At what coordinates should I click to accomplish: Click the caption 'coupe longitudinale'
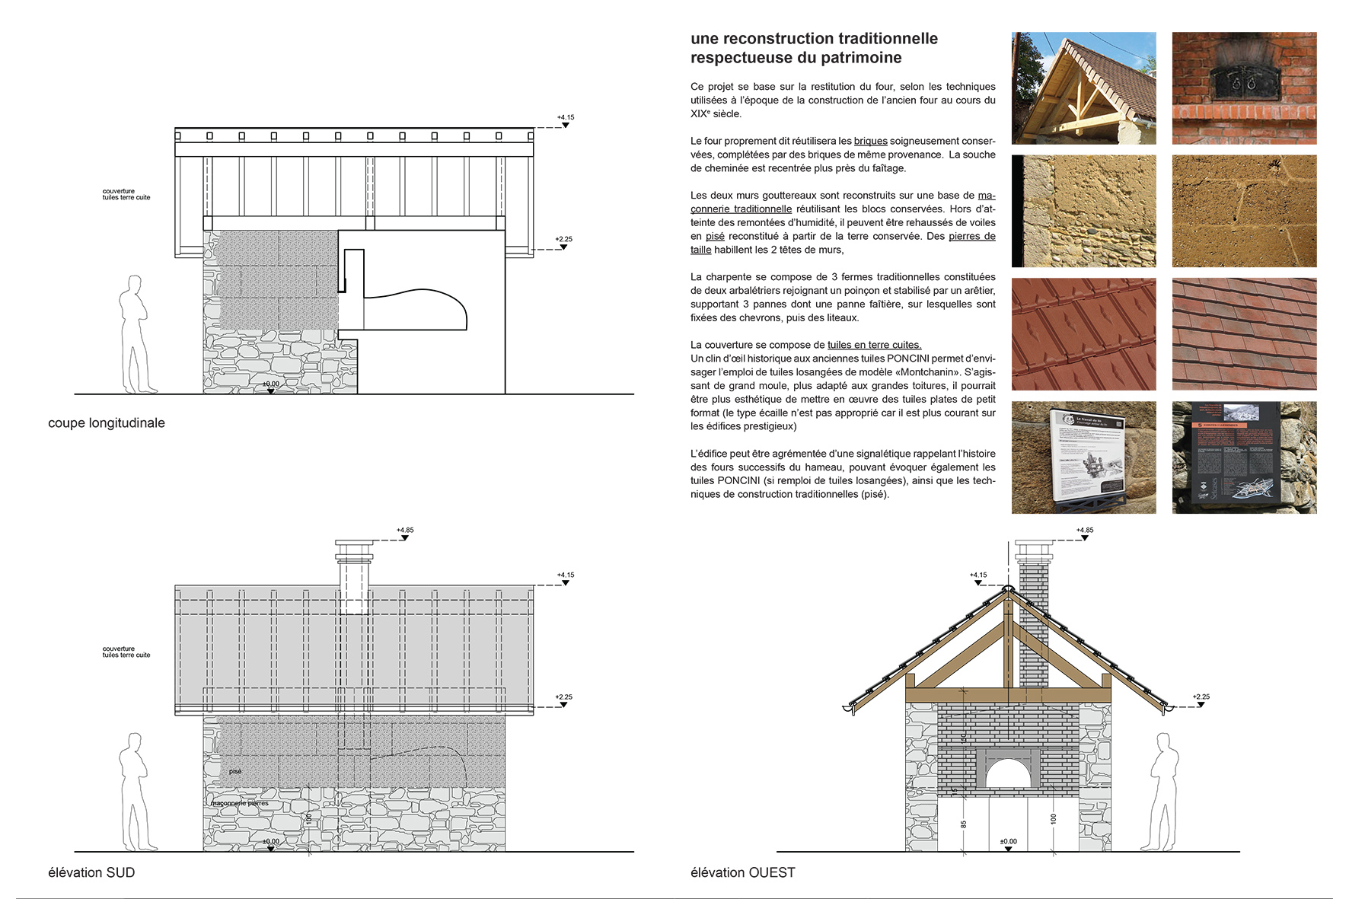[106, 423]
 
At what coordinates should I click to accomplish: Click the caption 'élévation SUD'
[91, 872]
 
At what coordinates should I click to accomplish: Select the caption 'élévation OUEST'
[742, 872]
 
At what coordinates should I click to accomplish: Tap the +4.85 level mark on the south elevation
[405, 531]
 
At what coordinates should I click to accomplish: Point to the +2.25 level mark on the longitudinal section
[563, 240]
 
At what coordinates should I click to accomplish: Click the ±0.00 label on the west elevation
[1008, 842]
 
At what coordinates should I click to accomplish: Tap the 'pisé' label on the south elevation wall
[235, 772]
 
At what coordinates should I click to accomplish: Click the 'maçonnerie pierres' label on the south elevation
[240, 803]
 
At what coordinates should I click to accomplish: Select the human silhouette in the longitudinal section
[136, 335]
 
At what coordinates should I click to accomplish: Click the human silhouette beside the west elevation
[1165, 792]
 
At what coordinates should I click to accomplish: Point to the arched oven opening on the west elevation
[1008, 774]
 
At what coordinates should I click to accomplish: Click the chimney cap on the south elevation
[354, 550]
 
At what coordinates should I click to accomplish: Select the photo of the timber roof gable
[1083, 88]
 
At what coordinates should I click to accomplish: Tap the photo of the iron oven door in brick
[1244, 88]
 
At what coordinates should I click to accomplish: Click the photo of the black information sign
[1244, 457]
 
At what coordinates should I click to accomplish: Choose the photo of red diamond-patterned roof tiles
[1083, 334]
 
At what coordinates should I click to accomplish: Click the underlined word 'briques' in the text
[870, 141]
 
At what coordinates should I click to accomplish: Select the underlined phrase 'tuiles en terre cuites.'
[874, 345]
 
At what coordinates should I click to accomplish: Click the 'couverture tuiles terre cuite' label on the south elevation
[126, 652]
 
